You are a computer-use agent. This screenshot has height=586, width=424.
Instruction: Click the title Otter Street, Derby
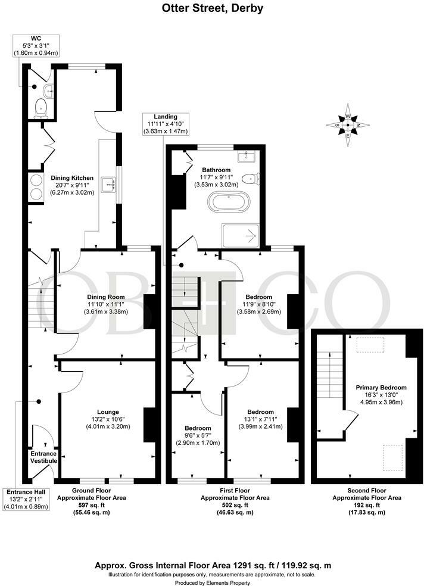(213, 8)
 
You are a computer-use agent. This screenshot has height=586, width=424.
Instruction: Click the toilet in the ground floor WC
(40, 107)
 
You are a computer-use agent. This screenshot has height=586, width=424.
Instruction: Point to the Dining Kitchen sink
(109, 184)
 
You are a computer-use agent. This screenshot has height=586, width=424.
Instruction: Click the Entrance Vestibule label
(43, 457)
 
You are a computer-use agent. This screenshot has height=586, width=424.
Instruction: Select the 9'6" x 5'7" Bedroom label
(197, 435)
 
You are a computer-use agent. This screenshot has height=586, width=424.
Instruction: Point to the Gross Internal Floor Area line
(212, 565)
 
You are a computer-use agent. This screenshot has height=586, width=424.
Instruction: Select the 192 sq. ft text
(366, 505)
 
